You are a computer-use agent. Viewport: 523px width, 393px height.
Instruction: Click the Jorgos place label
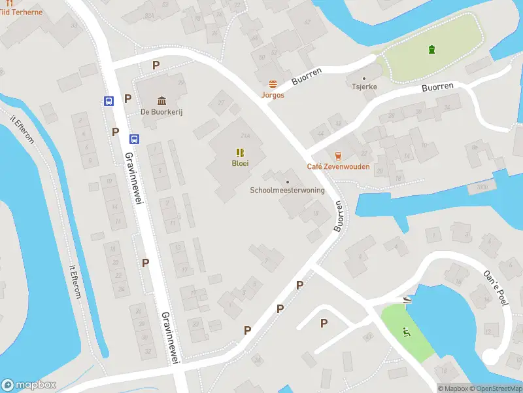273,95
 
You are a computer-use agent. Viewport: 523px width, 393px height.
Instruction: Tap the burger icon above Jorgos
273,84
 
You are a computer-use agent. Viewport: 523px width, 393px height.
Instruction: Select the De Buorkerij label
161,112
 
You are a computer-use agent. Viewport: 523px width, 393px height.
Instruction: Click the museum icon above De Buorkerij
161,100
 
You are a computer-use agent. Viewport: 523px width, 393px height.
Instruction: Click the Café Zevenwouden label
338,166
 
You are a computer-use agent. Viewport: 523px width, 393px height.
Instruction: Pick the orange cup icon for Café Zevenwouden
338,155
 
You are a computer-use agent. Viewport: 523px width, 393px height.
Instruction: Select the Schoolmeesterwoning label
287,191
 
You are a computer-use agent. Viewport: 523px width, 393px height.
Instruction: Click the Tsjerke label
364,86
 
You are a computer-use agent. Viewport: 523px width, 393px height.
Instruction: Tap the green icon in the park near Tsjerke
431,49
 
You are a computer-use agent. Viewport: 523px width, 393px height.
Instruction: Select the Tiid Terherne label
21,12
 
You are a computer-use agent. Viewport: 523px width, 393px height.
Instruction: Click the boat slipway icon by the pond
407,299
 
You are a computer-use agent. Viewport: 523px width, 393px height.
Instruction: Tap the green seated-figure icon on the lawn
407,331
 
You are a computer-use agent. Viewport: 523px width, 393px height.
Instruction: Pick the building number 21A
246,136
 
